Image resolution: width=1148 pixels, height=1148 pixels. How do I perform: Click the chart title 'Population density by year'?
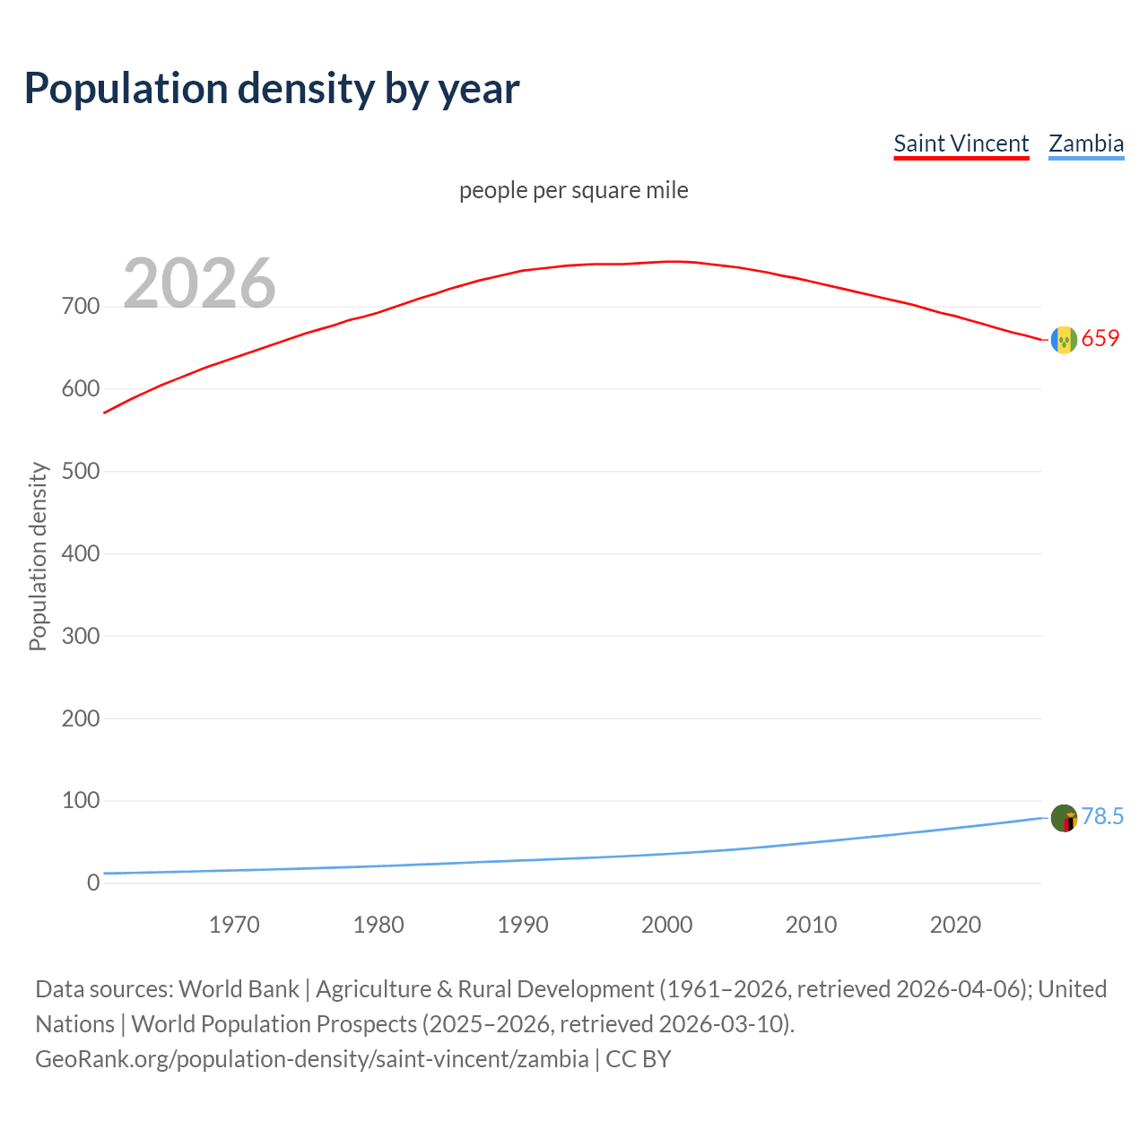[272, 89]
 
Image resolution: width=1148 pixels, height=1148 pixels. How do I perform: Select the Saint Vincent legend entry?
[961, 143]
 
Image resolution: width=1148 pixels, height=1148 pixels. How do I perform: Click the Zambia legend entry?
[1086, 143]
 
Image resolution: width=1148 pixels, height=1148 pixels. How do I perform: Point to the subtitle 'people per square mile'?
[574, 190]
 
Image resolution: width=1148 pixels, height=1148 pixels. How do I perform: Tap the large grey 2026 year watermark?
[199, 283]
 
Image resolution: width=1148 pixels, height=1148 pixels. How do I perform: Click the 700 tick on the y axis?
[81, 307]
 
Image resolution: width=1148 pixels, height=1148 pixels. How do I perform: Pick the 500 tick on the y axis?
[81, 471]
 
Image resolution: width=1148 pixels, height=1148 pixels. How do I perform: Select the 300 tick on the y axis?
[81, 636]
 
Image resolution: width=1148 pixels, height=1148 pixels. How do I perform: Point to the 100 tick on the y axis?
[81, 800]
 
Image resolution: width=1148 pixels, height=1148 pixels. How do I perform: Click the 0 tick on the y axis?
[93, 883]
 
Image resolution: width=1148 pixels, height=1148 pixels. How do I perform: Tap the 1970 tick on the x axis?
[234, 925]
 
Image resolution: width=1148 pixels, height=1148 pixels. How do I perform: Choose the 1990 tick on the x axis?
[523, 925]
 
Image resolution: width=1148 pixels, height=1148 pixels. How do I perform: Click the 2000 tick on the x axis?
[667, 925]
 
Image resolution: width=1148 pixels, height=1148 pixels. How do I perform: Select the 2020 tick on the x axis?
[955, 925]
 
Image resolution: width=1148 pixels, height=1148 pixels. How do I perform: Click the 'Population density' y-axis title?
[38, 556]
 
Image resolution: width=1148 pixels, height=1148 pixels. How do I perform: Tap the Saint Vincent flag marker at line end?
[1064, 340]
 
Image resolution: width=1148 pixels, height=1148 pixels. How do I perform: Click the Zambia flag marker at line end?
[1064, 818]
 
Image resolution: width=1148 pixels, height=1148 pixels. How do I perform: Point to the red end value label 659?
[1100, 338]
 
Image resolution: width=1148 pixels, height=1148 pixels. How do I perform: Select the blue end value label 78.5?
[1102, 816]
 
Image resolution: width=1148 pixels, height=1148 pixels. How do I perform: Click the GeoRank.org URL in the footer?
[312, 1059]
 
